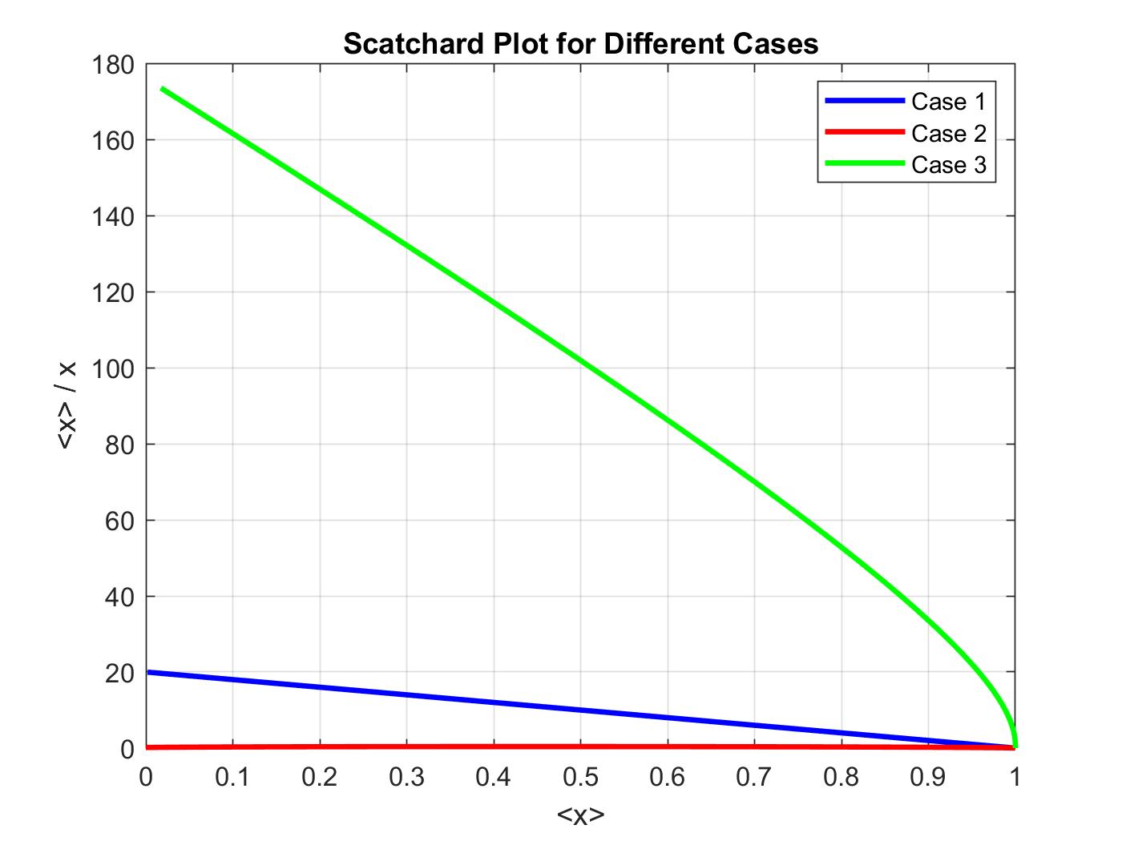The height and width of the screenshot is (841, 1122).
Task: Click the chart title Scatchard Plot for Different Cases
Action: tap(580, 43)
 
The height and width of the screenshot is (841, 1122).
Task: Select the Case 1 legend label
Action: tap(948, 102)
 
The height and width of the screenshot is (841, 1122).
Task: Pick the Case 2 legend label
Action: tap(948, 133)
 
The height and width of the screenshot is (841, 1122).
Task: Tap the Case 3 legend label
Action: tap(948, 164)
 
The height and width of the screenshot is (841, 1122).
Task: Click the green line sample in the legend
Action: tap(864, 163)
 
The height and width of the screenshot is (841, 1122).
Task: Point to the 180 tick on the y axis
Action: tap(115, 64)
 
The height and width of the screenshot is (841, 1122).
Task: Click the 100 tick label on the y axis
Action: tap(115, 368)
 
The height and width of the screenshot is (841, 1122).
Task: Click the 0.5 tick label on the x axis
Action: tap(580, 778)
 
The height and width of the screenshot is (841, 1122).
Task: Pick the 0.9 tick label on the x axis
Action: tap(928, 778)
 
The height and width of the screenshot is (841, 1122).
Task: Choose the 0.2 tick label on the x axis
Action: tap(320, 778)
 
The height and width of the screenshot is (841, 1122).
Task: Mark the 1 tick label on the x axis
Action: tap(1015, 778)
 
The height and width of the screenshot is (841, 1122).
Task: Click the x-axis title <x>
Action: tap(580, 816)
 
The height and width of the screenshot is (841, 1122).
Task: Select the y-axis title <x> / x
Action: tap(67, 406)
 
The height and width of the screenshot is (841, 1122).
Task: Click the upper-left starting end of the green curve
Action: tap(163, 88)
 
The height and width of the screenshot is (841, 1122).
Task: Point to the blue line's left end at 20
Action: tap(149, 672)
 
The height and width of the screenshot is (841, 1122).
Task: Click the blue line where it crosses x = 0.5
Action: tap(580, 710)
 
